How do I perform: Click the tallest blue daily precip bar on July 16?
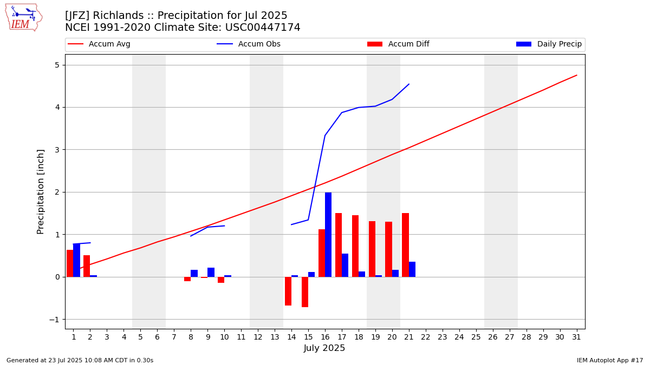[x=328, y=235]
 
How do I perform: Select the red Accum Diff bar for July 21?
[x=405, y=245]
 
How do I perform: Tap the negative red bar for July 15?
[x=305, y=292]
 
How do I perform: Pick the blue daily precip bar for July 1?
[x=77, y=260]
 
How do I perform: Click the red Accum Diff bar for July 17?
[x=339, y=245]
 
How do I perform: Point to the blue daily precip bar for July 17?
[x=345, y=265]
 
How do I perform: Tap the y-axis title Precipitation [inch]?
[x=41, y=191]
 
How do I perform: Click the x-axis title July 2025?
[x=324, y=348]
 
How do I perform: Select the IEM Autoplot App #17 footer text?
[x=610, y=360]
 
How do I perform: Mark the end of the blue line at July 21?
[x=409, y=84]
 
